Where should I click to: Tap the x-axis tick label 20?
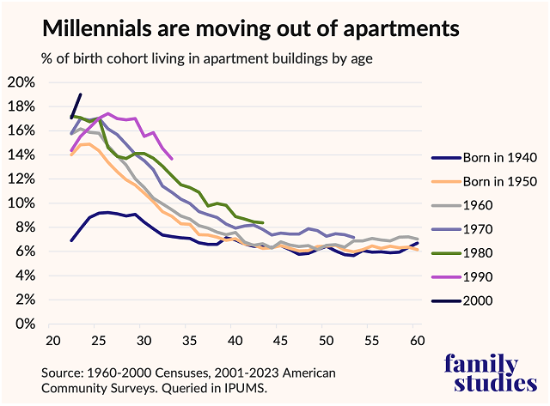click(52, 341)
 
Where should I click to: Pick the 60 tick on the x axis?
click(416, 341)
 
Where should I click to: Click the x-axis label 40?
click(234, 341)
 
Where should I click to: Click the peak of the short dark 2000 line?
click(80, 94)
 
